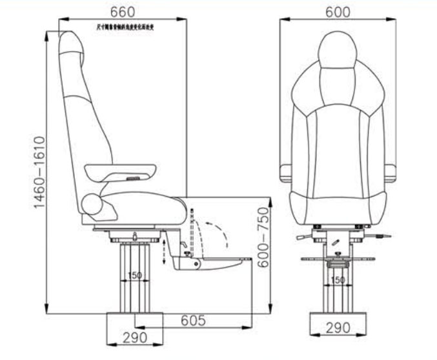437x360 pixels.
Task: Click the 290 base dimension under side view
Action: [135, 337]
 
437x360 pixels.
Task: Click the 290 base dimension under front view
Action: [338, 328]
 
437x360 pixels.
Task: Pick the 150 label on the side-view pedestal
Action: [134, 275]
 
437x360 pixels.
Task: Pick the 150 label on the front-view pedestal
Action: [338, 280]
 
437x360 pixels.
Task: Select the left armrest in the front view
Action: [285, 173]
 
